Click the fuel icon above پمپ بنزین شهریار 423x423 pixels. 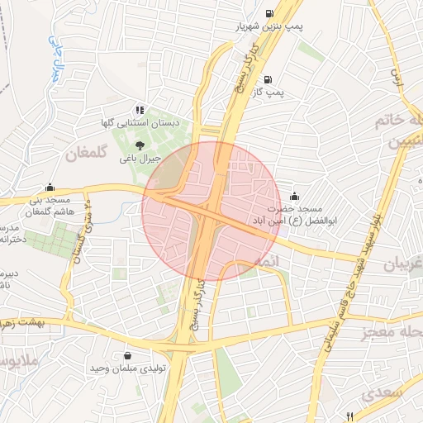(x=270, y=13)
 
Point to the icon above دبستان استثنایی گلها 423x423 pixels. (x=140, y=109)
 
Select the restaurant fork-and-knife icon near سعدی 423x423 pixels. (x=350, y=416)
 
